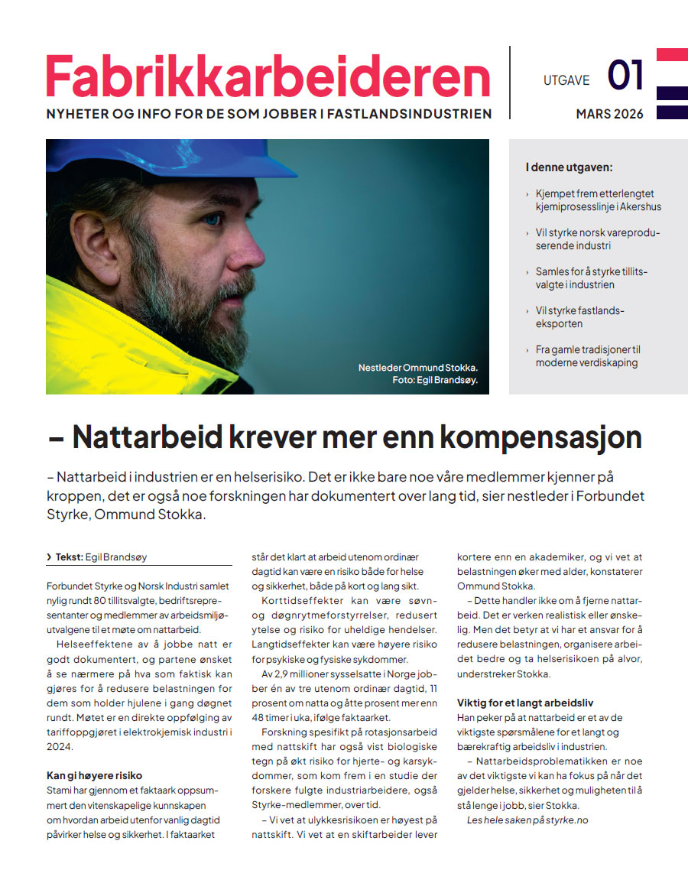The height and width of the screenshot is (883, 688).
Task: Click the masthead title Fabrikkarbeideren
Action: [x=268, y=76]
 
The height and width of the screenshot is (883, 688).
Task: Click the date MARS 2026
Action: [x=609, y=115]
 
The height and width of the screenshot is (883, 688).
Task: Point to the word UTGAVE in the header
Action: [x=566, y=80]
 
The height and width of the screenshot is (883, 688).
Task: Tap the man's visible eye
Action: [x=213, y=219]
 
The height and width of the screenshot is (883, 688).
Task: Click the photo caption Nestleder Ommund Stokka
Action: [x=418, y=368]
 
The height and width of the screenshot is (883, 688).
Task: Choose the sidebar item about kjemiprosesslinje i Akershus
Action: [x=598, y=200]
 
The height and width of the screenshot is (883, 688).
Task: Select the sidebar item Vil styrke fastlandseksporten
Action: [x=580, y=317]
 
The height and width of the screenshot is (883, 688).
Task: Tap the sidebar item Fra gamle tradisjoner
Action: [x=588, y=355]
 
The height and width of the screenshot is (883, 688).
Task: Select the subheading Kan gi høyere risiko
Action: [x=94, y=775]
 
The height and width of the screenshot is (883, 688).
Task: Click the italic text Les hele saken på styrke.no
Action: [x=527, y=820]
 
